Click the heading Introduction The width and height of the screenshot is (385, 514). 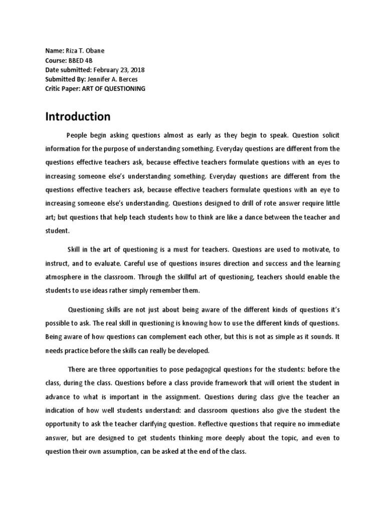coord(78,117)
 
